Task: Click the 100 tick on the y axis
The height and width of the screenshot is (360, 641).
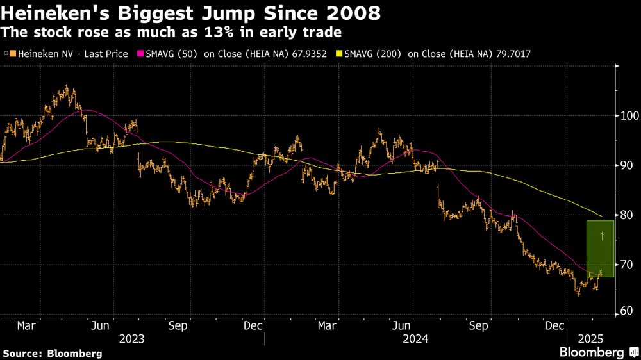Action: (628, 116)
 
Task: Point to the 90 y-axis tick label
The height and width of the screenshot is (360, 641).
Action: (628, 165)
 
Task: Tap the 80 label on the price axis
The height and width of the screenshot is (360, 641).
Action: (628, 215)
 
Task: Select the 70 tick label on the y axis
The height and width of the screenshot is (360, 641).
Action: (628, 265)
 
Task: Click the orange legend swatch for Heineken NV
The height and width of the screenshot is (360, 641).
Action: (12, 54)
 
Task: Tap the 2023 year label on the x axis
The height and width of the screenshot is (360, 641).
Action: (131, 338)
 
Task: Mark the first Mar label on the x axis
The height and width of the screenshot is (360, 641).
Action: (26, 325)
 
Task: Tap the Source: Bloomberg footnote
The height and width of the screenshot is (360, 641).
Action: (53, 353)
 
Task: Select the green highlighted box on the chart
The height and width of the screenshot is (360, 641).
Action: (600, 249)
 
